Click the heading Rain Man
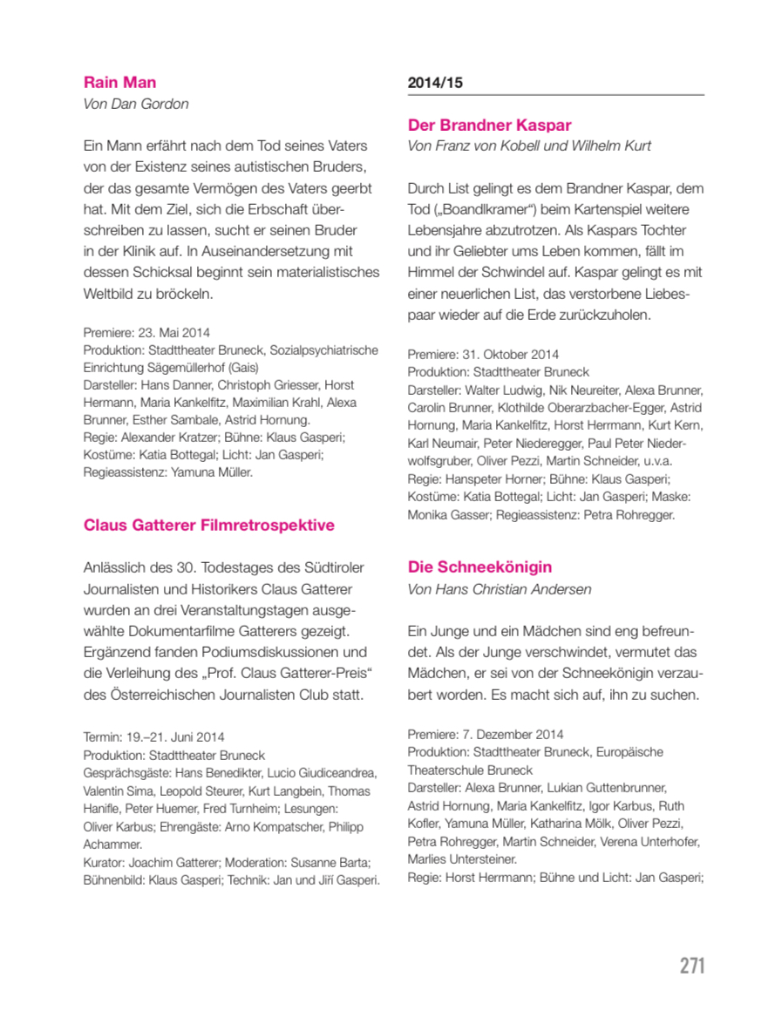[119, 83]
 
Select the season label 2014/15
[434, 83]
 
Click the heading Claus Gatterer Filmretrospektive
[208, 526]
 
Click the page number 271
[692, 966]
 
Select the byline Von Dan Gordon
[135, 105]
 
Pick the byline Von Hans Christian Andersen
[499, 589]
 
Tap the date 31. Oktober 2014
[509, 355]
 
